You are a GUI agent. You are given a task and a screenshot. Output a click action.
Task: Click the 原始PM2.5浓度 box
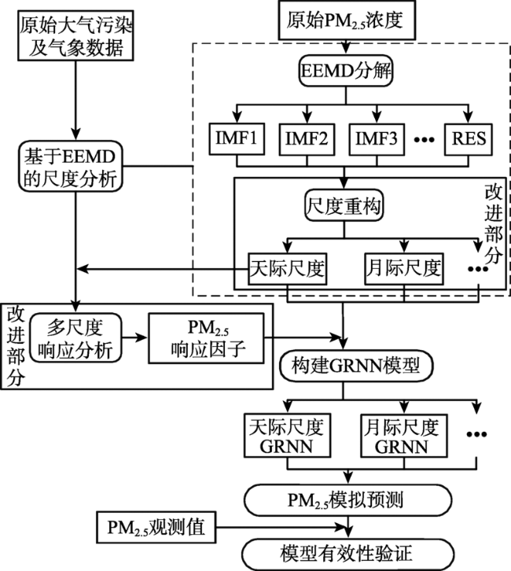click(347, 20)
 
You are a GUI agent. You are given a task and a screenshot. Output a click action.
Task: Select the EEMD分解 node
click(346, 71)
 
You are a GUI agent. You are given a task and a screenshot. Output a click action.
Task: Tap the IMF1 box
click(237, 138)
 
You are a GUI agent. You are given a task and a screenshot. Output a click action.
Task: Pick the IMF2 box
click(307, 139)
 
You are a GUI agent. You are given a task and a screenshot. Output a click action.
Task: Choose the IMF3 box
click(377, 139)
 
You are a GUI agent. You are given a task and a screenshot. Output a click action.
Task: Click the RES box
click(469, 139)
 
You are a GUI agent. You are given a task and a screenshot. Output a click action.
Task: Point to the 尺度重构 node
click(344, 205)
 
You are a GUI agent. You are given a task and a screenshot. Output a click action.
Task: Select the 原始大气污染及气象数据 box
click(75, 35)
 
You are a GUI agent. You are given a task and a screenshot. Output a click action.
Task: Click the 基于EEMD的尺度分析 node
click(71, 167)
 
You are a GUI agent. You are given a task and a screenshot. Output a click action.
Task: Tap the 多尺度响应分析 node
click(75, 338)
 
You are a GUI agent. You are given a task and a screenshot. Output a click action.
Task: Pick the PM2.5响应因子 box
click(206, 338)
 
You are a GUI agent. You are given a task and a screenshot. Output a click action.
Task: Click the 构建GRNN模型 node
click(356, 366)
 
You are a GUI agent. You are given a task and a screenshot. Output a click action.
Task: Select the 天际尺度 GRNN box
click(288, 436)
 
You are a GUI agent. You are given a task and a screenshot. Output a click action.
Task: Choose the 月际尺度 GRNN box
click(403, 436)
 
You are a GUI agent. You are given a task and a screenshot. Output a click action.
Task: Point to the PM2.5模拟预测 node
click(348, 500)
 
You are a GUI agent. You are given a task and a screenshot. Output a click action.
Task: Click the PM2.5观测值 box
click(156, 527)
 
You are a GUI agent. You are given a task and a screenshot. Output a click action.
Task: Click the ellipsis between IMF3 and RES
click(425, 140)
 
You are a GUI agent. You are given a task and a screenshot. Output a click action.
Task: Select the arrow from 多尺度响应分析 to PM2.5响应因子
click(135, 338)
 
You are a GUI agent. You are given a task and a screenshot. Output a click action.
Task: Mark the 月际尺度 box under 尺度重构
click(404, 269)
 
